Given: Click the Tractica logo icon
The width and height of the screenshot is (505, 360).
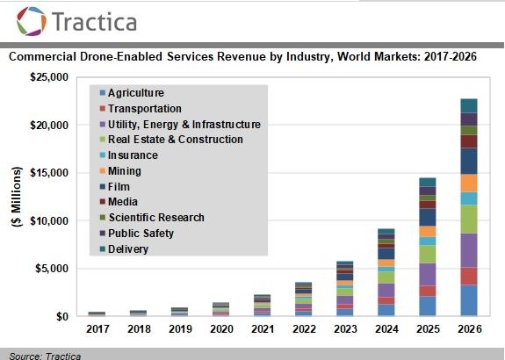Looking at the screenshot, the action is click(32, 21).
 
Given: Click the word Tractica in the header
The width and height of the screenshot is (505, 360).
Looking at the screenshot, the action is click(94, 22).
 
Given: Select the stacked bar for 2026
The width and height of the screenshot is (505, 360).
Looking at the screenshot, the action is click(469, 207).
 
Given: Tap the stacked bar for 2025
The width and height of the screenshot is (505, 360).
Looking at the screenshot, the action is click(428, 247).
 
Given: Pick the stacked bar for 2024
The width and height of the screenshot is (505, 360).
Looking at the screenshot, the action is click(386, 272).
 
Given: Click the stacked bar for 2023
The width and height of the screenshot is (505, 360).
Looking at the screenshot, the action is click(345, 289).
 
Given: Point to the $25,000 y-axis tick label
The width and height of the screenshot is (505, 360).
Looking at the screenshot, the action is click(49, 77).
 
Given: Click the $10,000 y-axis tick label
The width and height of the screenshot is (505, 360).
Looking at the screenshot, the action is click(49, 221).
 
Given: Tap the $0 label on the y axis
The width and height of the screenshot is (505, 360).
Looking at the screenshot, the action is click(62, 316).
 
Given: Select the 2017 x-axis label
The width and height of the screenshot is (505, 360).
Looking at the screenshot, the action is click(97, 329).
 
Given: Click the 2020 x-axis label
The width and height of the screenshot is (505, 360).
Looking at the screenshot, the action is click(221, 329).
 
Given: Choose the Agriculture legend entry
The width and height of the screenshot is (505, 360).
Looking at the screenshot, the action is click(132, 93).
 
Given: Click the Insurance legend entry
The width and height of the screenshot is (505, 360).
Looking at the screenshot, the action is click(129, 155).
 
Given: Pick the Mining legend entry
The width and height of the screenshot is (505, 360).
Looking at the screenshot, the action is click(120, 171).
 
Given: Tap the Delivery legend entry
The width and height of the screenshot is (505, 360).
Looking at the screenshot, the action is click(124, 248).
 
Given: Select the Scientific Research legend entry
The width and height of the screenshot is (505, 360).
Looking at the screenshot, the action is click(152, 218).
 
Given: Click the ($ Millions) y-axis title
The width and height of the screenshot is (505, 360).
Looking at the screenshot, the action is click(16, 197).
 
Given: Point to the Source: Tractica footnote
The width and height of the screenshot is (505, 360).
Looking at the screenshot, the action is click(45, 356).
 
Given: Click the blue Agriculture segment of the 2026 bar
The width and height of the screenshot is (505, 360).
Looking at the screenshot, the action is click(469, 300).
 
